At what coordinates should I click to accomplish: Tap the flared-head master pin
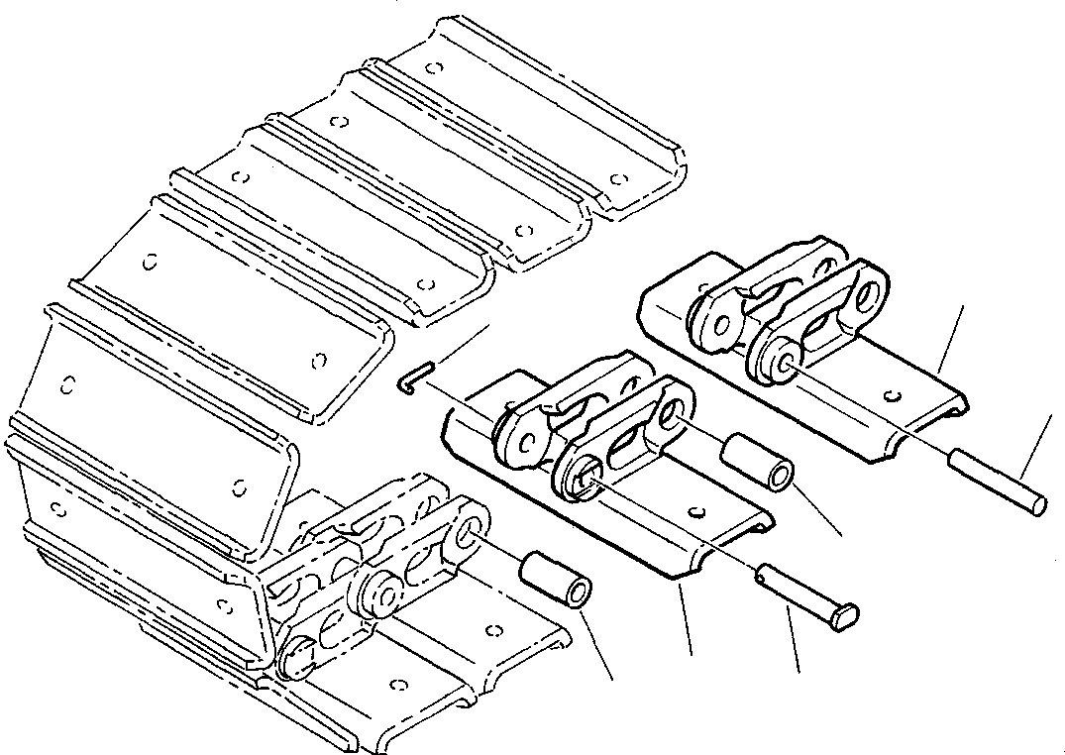pyautogui.click(x=807, y=594)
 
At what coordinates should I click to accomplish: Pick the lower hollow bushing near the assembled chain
pyautogui.click(x=557, y=583)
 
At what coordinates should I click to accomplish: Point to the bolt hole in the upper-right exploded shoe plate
pyautogui.click(x=893, y=397)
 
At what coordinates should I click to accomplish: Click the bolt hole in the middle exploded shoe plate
pyautogui.click(x=699, y=511)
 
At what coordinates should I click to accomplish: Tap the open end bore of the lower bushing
pyautogui.click(x=580, y=594)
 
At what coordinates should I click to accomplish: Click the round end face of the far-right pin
pyautogui.click(x=1036, y=504)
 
